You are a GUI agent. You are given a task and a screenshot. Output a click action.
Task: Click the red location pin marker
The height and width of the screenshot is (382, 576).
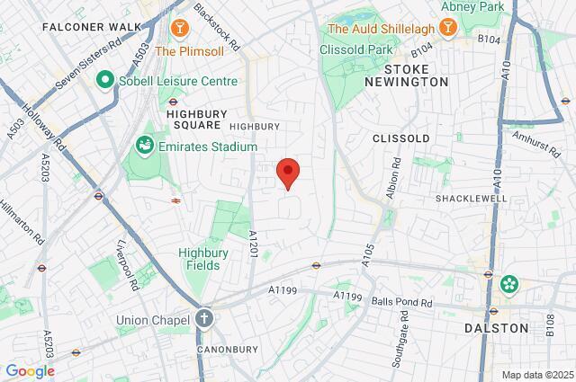[287, 172]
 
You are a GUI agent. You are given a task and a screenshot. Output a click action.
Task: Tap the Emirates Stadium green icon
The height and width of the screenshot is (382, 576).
[143, 146]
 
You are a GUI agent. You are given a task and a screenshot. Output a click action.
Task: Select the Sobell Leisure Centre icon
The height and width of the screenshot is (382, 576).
[104, 81]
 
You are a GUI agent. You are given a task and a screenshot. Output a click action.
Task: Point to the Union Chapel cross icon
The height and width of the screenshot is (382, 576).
[204, 319]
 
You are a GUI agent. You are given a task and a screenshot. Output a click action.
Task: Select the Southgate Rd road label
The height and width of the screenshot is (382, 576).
[394, 342]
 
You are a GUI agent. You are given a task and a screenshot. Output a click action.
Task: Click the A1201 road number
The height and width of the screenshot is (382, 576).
[253, 247]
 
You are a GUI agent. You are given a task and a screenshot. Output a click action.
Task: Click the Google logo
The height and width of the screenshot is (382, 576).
[30, 370]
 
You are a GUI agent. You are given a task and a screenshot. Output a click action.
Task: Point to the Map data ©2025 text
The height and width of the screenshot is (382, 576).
[536, 375]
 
